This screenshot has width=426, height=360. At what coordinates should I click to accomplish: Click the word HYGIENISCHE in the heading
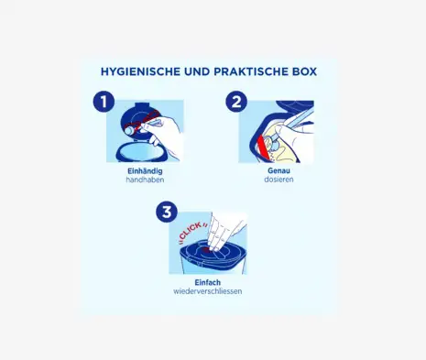click(x=140, y=71)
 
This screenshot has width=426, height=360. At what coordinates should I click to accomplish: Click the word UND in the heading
click(x=197, y=71)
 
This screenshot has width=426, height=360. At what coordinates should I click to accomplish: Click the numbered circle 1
click(x=104, y=102)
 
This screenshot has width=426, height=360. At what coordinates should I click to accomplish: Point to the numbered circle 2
click(x=236, y=102)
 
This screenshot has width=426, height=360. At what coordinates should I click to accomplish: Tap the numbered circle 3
click(x=167, y=212)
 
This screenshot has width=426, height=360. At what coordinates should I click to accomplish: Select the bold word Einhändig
click(x=145, y=171)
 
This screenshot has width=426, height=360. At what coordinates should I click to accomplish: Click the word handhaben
click(x=145, y=180)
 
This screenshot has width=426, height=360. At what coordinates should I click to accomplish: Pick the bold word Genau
click(x=279, y=170)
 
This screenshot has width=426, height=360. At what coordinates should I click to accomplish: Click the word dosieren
click(x=279, y=180)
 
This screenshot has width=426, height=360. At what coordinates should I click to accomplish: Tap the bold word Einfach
click(x=208, y=282)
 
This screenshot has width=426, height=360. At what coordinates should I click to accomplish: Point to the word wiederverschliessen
click(x=208, y=291)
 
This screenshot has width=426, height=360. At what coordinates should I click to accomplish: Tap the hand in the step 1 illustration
click(x=165, y=135)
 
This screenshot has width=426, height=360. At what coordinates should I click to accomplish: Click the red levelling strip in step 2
click(x=263, y=147)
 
